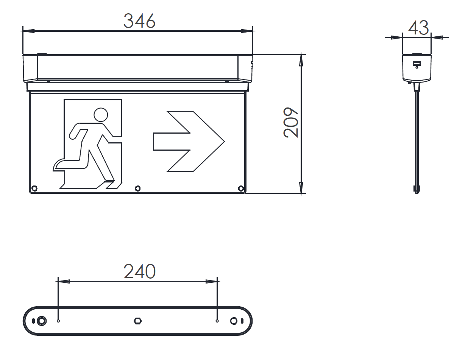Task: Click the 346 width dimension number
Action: coord(139,21)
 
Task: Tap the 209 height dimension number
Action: coord(291,122)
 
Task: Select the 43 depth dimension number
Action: coord(418,28)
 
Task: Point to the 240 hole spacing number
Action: coord(139,271)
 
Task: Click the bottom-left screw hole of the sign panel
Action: coord(34,189)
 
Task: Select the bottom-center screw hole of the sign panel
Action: coord(137,189)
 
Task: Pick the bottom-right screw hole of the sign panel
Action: coord(241,189)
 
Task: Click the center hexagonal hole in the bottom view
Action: coord(137,321)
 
